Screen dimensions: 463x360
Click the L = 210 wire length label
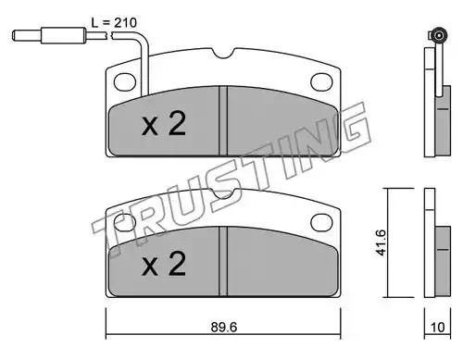tap(114, 22)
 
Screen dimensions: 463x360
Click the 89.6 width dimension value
tap(224, 327)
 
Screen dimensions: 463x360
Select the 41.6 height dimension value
tap(381, 242)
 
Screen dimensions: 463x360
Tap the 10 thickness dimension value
tap(437, 327)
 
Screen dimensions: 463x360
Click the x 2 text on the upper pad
tap(164, 123)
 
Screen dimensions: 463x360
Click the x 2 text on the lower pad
tap(164, 264)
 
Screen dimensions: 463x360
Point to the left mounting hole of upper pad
tap(125, 82)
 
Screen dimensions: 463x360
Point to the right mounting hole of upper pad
tap(321, 82)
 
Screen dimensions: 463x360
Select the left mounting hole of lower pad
tap(125, 223)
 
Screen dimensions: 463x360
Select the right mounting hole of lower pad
tap(321, 223)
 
